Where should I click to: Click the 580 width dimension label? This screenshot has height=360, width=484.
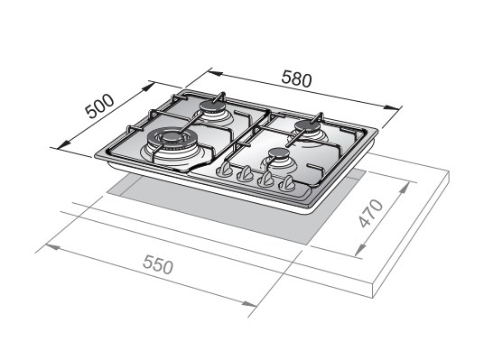(297, 78)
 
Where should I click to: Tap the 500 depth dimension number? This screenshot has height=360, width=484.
(99, 106)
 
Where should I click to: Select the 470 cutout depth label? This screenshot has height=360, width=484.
(371, 213)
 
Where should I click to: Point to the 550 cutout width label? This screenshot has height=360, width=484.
(158, 264)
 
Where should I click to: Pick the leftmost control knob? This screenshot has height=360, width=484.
(225, 170)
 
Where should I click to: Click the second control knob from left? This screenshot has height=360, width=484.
(246, 174)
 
